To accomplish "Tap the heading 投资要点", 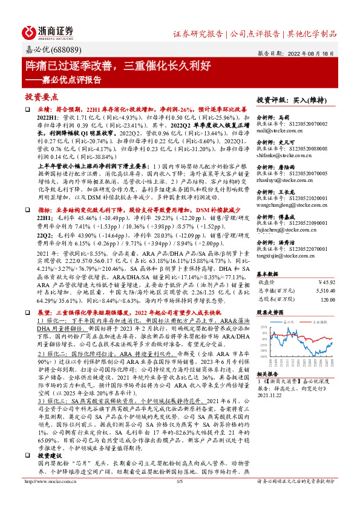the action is (41, 96).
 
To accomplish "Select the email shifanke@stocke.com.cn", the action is (284, 154).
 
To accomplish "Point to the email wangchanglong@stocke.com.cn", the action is (290, 206).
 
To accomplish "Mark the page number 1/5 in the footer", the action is (180, 498).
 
